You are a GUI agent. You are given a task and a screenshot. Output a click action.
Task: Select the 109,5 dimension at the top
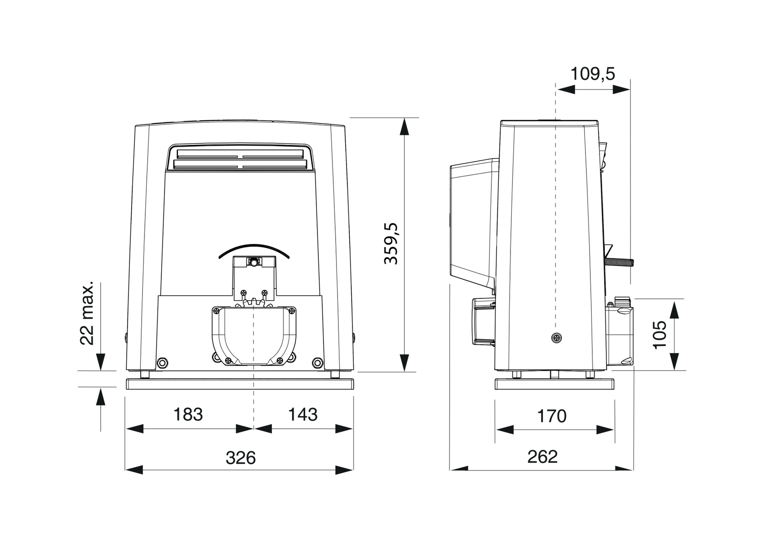[592, 73]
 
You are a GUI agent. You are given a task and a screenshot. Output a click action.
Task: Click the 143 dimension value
[303, 414]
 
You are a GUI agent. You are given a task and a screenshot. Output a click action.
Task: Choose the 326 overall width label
[241, 458]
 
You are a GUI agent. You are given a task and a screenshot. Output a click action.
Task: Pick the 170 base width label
[551, 415]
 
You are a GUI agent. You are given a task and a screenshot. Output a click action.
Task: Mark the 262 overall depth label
[542, 456]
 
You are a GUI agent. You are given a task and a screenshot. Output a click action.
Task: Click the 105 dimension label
[659, 334]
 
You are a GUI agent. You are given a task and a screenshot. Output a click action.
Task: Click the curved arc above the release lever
[253, 249]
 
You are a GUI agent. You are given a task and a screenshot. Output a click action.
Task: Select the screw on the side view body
[556, 337]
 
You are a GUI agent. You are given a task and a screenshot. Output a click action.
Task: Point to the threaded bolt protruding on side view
[619, 262]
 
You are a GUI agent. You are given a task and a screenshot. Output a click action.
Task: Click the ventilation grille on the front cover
[239, 158]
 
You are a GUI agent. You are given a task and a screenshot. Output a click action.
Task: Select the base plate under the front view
[239, 384]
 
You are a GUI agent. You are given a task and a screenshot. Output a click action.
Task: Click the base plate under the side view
[555, 384]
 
